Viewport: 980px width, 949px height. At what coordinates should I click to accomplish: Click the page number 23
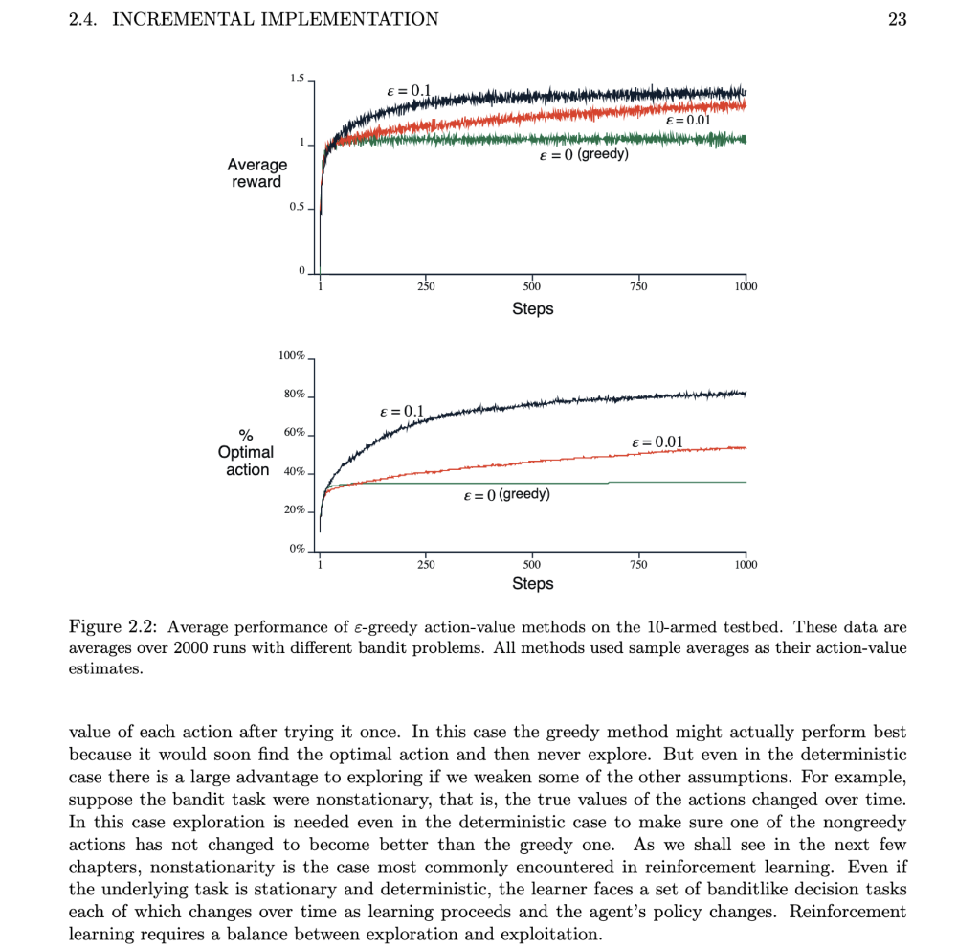(897, 19)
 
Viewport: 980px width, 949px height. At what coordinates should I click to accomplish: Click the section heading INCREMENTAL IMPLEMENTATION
(276, 19)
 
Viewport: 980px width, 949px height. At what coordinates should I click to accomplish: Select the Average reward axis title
(256, 173)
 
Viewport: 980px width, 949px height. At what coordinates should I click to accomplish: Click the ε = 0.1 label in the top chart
(407, 91)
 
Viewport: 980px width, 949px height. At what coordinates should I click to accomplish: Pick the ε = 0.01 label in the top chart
(687, 121)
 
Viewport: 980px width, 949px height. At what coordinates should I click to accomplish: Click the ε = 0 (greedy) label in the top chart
(584, 154)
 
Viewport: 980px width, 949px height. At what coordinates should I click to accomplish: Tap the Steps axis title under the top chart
(532, 308)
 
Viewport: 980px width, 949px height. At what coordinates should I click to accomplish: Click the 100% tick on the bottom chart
(291, 356)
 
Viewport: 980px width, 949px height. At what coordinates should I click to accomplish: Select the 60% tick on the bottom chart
(293, 433)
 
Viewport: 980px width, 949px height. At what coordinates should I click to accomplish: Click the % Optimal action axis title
(247, 452)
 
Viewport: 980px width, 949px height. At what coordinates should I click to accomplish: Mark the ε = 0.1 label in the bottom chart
(401, 411)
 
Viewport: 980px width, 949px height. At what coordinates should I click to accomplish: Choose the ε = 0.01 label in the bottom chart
(657, 441)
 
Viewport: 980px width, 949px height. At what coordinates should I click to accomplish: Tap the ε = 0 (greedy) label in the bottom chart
(506, 495)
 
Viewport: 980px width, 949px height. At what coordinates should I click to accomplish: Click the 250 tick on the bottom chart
(426, 565)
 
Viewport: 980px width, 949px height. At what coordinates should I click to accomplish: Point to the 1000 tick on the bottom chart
(745, 565)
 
